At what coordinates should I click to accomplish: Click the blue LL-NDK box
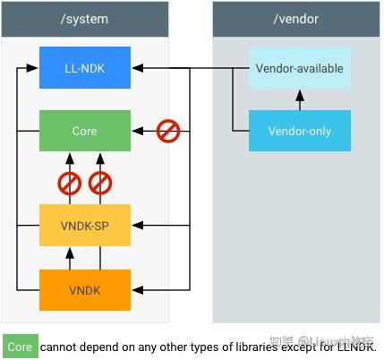(84, 67)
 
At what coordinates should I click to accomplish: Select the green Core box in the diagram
(84, 131)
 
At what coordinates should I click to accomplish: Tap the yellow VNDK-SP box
(84, 225)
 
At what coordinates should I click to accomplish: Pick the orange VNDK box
(84, 290)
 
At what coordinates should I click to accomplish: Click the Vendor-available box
(299, 68)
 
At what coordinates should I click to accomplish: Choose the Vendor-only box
(299, 131)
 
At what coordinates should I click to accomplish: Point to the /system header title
(84, 18)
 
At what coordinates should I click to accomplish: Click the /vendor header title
(295, 18)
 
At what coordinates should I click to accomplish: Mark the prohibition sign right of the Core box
(168, 131)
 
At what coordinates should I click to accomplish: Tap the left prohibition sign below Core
(70, 184)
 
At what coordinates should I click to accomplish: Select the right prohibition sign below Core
(99, 184)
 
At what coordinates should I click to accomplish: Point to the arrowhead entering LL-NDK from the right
(136, 67)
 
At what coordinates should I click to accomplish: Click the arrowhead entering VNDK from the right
(136, 290)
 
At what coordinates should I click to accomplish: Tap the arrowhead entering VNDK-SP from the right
(136, 225)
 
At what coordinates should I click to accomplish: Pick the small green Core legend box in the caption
(20, 347)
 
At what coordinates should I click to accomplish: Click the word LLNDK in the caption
(355, 347)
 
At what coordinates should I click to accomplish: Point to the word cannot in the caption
(59, 347)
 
